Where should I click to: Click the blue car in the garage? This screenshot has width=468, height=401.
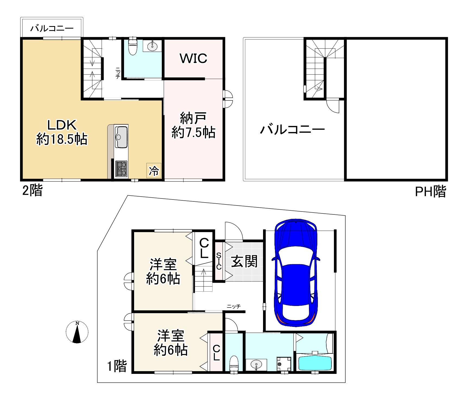[296, 273]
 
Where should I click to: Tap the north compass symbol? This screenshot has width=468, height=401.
[77, 332]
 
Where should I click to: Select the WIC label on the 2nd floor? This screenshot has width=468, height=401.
[193, 58]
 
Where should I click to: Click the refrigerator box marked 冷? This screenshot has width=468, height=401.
[154, 171]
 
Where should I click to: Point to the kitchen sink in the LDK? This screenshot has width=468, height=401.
[121, 137]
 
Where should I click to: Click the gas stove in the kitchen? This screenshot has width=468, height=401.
[121, 169]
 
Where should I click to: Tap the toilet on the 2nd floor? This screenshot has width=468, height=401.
[133, 46]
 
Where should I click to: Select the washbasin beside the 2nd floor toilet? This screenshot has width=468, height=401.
[152, 46]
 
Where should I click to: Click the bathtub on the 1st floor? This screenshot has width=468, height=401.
[315, 363]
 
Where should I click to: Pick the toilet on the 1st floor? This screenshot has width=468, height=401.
[234, 364]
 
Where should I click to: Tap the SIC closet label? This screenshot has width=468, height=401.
[219, 261]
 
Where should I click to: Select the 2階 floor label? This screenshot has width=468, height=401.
[32, 191]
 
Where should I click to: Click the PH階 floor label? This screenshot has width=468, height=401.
[431, 192]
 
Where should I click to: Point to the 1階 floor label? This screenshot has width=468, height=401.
[117, 366]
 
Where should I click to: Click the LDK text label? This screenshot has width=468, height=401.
[62, 125]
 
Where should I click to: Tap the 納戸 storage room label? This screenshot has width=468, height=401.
[193, 118]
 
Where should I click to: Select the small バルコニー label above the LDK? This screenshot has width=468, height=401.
[52, 29]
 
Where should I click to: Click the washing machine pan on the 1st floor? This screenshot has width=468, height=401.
[284, 364]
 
